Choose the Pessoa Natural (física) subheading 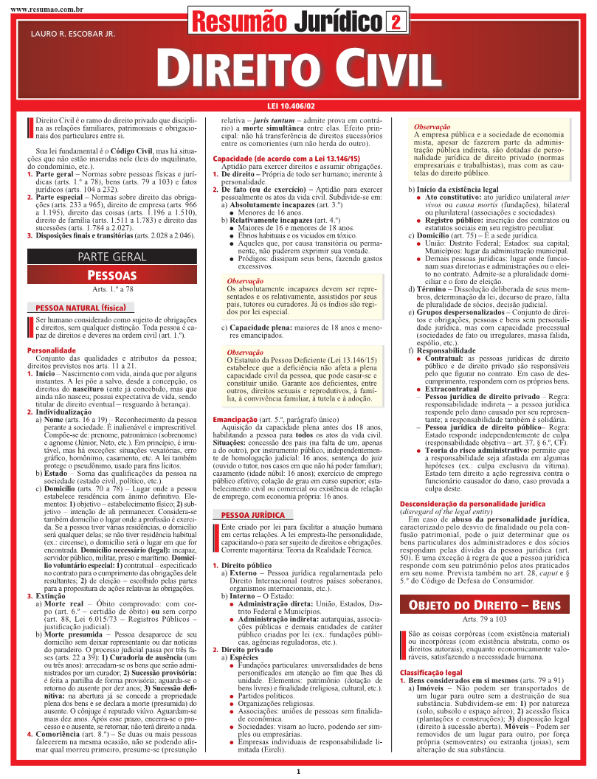81,307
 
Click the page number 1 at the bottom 298,772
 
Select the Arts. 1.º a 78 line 112,290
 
